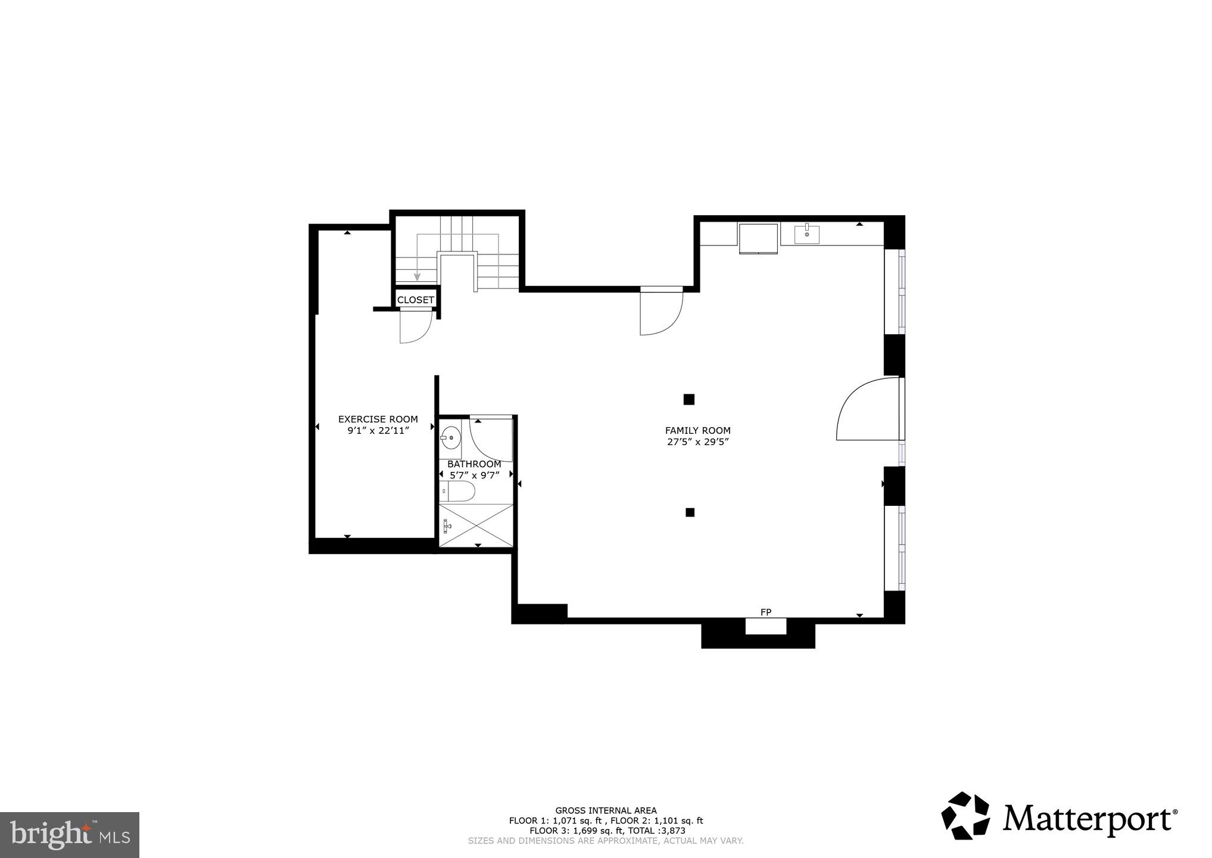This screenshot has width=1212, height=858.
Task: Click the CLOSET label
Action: tap(415, 300)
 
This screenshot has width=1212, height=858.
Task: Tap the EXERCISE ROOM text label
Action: tap(378, 419)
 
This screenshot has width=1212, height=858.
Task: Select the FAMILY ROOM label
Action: tap(697, 431)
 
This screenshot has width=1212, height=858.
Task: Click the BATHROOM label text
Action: tap(474, 464)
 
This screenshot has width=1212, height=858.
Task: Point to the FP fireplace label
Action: tap(766, 613)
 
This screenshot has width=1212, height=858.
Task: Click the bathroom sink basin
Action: tap(451, 438)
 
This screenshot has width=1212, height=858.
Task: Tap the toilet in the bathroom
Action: tap(459, 492)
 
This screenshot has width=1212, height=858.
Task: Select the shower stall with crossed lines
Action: tap(476, 525)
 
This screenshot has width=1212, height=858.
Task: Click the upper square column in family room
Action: tap(689, 399)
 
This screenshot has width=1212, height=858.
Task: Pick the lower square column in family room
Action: tap(690, 512)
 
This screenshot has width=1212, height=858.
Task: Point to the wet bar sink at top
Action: tap(806, 234)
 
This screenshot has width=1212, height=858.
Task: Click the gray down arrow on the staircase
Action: tap(417, 275)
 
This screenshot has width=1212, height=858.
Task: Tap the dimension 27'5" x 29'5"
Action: tap(697, 442)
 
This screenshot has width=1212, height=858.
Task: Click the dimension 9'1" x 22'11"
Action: tap(378, 431)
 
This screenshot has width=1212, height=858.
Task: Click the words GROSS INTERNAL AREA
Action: tap(606, 810)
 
